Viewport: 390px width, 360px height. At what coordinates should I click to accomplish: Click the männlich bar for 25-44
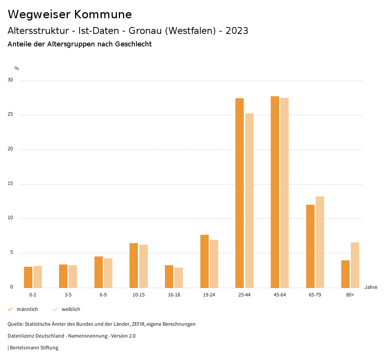[x=240, y=193]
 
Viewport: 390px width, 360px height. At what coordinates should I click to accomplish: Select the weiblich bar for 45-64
[x=285, y=193]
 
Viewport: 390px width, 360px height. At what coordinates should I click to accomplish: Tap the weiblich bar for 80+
[x=355, y=265]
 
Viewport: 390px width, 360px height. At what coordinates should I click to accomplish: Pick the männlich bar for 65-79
[x=310, y=246]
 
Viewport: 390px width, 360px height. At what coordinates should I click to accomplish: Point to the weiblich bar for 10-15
[x=144, y=266]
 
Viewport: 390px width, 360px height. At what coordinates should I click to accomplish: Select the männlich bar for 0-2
[x=28, y=277]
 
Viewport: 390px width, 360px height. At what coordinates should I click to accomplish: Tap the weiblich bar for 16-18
[x=179, y=277]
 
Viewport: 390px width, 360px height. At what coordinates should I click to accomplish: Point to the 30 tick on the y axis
[x=10, y=80]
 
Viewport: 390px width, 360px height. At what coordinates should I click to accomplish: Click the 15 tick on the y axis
[x=10, y=184]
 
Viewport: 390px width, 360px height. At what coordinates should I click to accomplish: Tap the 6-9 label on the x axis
[x=103, y=295]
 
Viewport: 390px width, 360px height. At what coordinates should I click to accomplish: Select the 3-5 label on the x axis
[x=68, y=295]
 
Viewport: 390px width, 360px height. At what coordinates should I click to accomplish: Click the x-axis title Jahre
[x=371, y=287]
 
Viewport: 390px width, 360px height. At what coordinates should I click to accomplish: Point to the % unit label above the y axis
[x=17, y=68]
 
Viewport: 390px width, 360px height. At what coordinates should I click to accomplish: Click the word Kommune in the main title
[x=103, y=14]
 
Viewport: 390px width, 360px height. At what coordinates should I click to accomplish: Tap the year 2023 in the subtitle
[x=237, y=31]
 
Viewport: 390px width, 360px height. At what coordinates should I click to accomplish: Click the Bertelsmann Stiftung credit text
[x=34, y=347]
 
